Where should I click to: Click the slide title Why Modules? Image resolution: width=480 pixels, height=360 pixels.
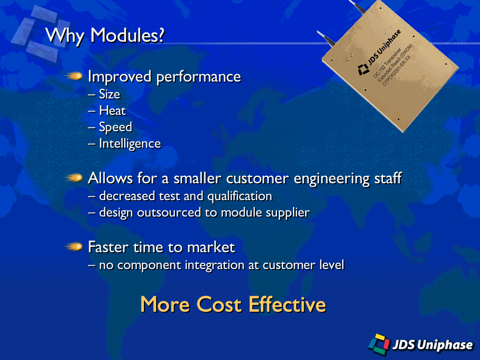105,36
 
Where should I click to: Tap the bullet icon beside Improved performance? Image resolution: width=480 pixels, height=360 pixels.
74,75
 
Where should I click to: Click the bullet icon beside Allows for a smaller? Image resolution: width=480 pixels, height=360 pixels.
74,178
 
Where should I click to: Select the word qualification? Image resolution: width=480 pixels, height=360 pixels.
240,196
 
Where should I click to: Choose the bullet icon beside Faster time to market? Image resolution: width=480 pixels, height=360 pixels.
74,247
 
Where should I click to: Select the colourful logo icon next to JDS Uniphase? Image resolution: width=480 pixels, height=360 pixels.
379,344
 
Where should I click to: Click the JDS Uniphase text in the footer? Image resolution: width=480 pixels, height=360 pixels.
433,345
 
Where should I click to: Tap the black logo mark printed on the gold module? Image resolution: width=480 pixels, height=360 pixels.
363,69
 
